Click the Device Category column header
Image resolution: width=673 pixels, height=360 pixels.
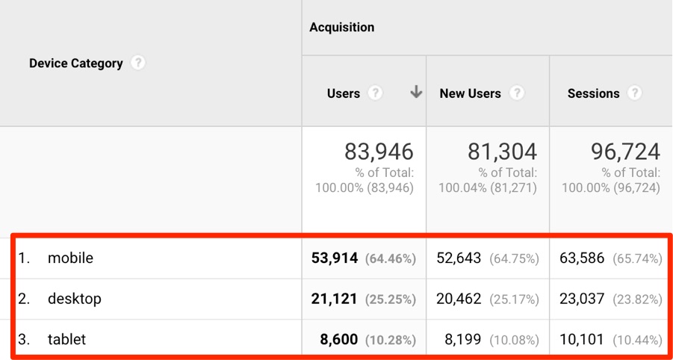75,63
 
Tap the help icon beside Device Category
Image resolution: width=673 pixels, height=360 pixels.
137,63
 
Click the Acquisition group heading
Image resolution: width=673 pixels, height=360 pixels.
342,28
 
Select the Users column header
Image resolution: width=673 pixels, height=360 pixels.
344,93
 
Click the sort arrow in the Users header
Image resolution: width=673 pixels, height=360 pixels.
416,93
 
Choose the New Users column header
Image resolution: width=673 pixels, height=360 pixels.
470,93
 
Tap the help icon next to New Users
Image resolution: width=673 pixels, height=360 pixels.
517,93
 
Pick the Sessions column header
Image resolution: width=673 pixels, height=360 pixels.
593,93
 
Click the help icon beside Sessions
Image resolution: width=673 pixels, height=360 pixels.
634,93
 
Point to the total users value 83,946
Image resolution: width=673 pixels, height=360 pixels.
379,152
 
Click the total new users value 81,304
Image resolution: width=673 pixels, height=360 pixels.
502,152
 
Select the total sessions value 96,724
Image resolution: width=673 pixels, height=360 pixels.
625,152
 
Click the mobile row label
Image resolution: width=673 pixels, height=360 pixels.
70,258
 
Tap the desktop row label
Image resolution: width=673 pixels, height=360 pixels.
74,299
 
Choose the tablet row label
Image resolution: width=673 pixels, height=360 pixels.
66,340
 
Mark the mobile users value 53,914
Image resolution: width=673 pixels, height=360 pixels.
335,258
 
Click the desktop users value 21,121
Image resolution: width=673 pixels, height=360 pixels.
335,299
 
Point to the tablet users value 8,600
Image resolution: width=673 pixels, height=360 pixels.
339,340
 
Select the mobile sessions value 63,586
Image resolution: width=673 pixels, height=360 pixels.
582,258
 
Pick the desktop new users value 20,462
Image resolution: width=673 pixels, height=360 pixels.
459,299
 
